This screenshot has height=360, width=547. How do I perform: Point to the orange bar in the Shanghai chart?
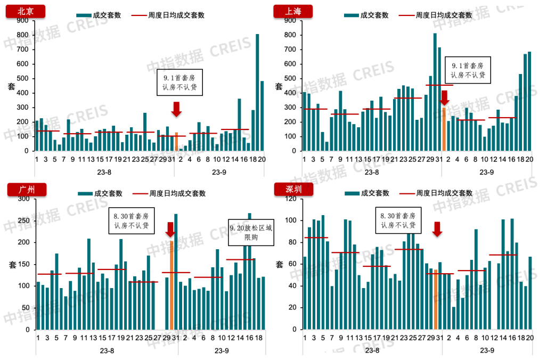tap(444, 129)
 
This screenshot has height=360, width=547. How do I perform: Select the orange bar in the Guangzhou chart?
tap(172, 285)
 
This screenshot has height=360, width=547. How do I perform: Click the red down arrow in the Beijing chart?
tap(177, 108)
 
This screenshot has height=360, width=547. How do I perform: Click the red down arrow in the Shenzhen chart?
tap(437, 228)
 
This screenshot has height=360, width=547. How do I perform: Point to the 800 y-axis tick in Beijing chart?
tap(22, 35)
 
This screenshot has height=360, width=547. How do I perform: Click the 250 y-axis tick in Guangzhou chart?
tap(22, 220)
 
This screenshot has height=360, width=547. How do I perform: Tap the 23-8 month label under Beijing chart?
tap(107, 172)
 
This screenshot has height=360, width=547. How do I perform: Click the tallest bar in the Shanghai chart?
tap(435, 92)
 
